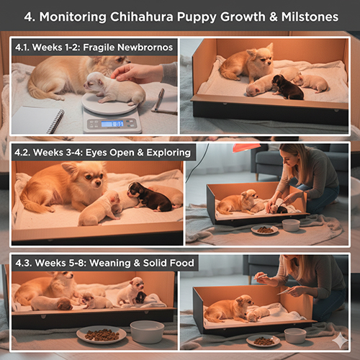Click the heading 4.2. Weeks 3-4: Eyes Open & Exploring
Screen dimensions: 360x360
coord(104,153)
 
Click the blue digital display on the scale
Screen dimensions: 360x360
coord(112,123)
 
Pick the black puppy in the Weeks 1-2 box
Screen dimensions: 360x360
coord(287,87)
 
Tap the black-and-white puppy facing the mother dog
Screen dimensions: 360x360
coord(144,194)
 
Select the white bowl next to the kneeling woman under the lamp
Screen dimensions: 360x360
coord(291,225)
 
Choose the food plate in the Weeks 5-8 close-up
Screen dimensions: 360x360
coord(101,333)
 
